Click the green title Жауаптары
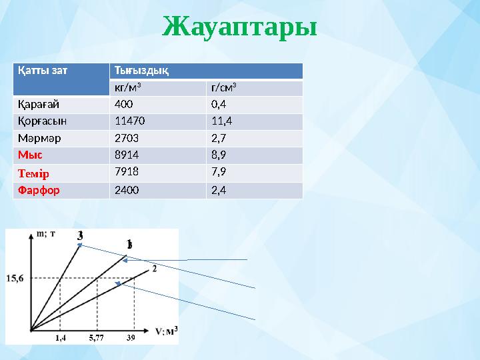point(239,28)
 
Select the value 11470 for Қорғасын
point(129,121)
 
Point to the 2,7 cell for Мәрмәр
point(220,139)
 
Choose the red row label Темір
point(35,173)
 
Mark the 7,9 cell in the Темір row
point(220,173)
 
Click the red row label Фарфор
point(39,190)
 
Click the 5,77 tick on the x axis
point(97,338)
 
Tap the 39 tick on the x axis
point(131,338)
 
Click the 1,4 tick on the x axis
point(60,338)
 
